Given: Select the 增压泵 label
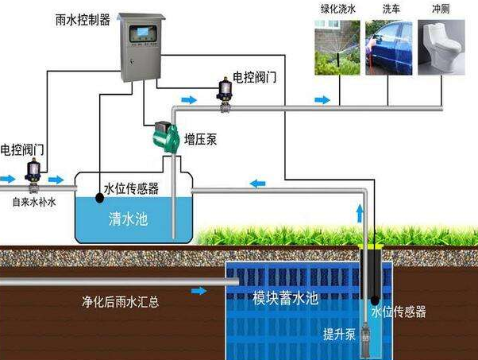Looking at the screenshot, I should (x=202, y=139).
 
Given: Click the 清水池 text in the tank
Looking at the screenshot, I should (x=128, y=219).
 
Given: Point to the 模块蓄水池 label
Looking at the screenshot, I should (x=285, y=299).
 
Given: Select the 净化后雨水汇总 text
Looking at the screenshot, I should (x=119, y=303).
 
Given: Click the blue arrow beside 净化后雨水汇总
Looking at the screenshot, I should (x=199, y=291).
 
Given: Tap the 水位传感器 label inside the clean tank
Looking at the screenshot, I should (x=131, y=189).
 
